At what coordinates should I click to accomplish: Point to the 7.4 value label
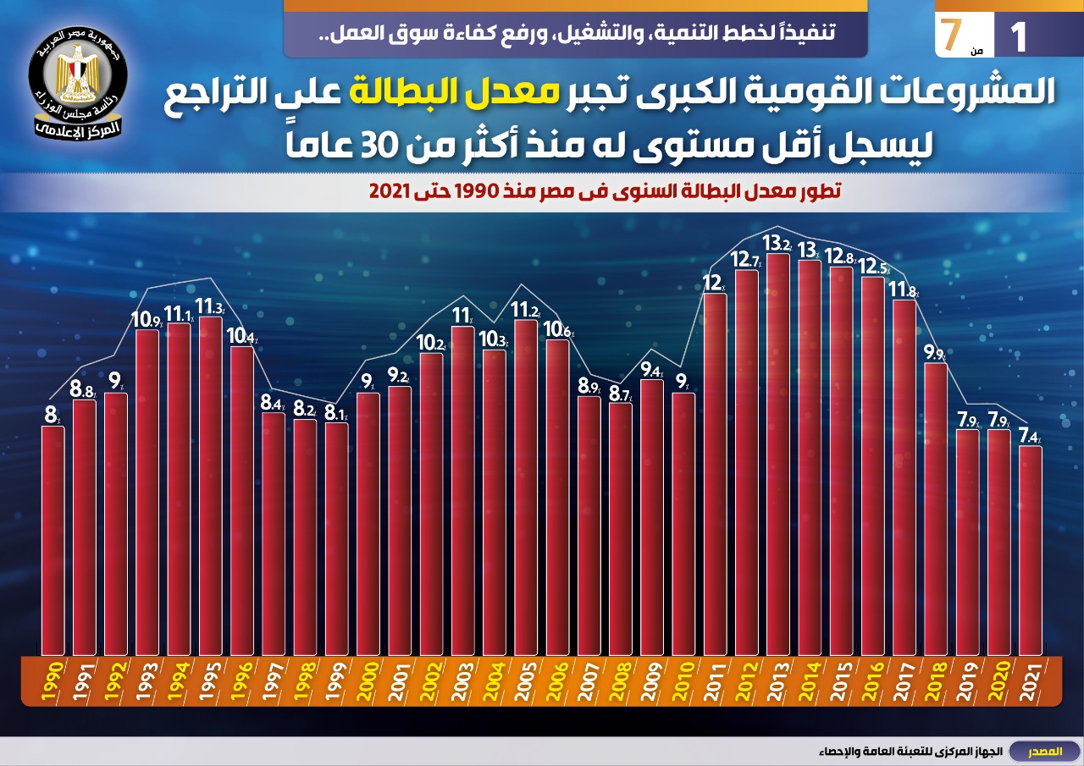[x=1030, y=436]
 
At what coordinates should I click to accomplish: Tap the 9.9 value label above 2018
[x=935, y=353]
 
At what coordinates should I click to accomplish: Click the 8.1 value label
[x=336, y=412]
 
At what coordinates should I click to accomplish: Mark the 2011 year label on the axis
[x=715, y=680]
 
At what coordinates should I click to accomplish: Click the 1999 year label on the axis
[x=336, y=680]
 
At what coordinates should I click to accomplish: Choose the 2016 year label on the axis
[x=872, y=680]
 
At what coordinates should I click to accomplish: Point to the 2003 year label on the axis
[x=462, y=680]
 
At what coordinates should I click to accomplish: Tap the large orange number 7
[x=952, y=34]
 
